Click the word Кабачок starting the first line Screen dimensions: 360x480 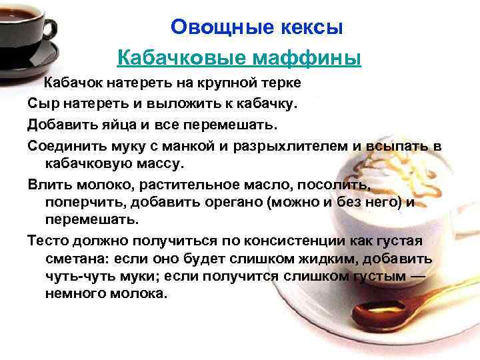71,83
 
